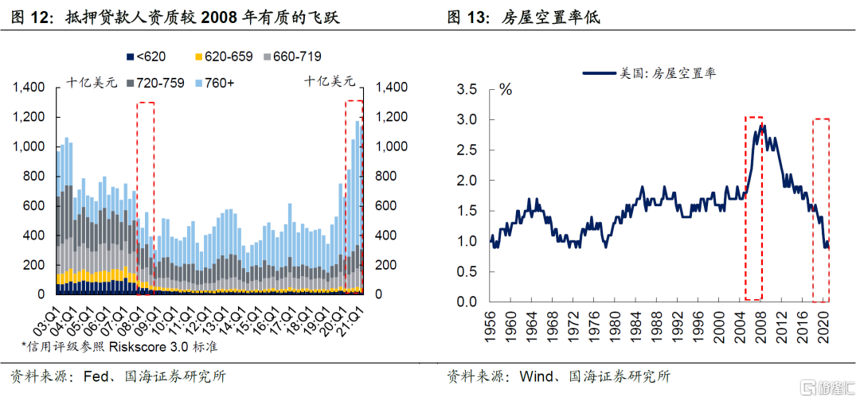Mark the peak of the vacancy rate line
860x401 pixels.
click(x=762, y=124)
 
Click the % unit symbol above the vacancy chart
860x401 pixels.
click(x=506, y=89)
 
